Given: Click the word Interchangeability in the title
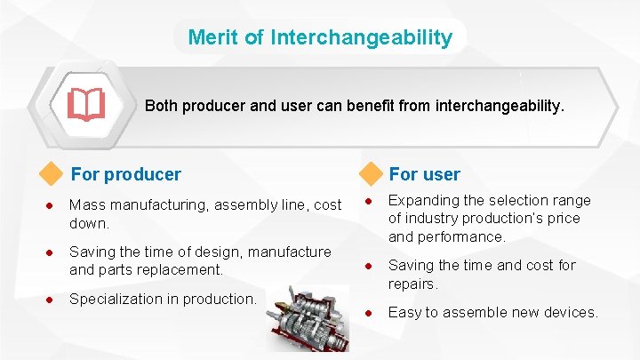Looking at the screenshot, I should pyautogui.click(x=361, y=38).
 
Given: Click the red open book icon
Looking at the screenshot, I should pyautogui.click(x=86, y=105).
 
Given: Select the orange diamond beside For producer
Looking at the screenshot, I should pyautogui.click(x=53, y=174).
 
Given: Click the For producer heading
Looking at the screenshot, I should pyautogui.click(x=125, y=174).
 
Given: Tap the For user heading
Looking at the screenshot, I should pyautogui.click(x=424, y=174).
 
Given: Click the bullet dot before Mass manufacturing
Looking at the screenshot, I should pyautogui.click(x=52, y=205).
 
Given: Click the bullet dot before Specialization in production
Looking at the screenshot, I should pyautogui.click(x=52, y=300).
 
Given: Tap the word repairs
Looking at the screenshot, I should pyautogui.click(x=412, y=284).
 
